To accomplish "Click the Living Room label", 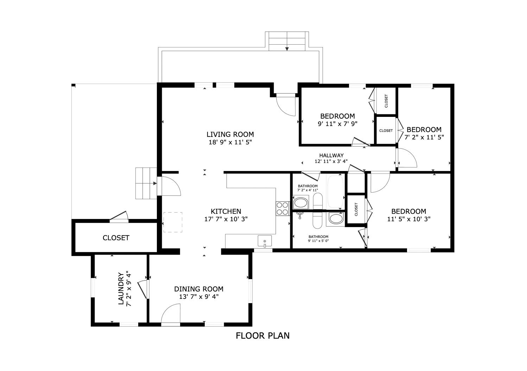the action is click(x=230, y=134).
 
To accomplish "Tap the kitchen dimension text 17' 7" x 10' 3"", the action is click(x=226, y=219).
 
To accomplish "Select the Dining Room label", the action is click(x=199, y=289).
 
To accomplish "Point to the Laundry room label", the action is click(x=121, y=289).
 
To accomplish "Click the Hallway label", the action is click(x=331, y=155).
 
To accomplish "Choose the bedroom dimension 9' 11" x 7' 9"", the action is click(x=338, y=124).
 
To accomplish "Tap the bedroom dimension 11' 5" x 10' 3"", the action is click(x=409, y=219).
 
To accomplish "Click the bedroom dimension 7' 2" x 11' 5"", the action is click(x=424, y=137).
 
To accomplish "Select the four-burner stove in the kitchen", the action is click(x=283, y=209).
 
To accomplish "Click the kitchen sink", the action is click(x=265, y=241).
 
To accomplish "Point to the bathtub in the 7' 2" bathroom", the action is click(x=335, y=191).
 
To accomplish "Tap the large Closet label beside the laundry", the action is click(x=116, y=238).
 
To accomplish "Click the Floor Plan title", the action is click(x=262, y=336).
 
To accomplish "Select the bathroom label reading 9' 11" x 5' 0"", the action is click(x=318, y=239).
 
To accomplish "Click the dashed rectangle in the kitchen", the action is click(x=173, y=222).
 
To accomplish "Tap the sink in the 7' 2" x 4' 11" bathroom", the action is click(x=301, y=203).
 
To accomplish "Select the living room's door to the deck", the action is click(x=286, y=105).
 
